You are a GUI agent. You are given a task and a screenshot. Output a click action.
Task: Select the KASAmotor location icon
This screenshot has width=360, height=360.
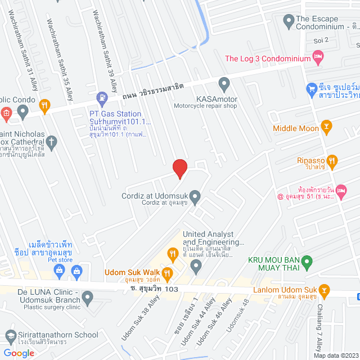(224, 84)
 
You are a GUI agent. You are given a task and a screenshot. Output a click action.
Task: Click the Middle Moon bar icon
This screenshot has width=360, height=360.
(326, 128)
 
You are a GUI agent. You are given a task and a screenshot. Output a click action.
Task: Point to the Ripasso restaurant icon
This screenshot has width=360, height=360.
(332, 160)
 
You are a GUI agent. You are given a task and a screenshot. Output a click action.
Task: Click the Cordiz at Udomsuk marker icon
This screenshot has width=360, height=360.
(195, 196)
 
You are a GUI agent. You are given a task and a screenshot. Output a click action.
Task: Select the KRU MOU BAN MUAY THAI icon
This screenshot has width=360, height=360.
(307, 262)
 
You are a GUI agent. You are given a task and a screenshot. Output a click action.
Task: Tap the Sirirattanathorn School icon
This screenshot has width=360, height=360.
(10, 336)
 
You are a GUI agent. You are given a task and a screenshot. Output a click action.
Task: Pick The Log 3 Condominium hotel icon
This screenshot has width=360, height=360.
(318, 57)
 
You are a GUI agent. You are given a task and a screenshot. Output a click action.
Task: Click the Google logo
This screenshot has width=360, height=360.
(19, 353)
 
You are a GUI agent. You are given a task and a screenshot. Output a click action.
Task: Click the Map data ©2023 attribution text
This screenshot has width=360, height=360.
(335, 355)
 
